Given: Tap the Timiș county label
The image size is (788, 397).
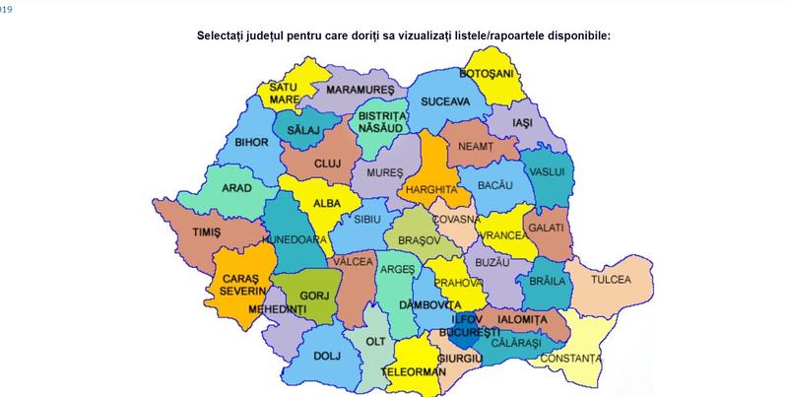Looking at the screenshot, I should point(200,232).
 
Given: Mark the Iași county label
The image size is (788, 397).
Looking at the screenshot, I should point(522,122).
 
